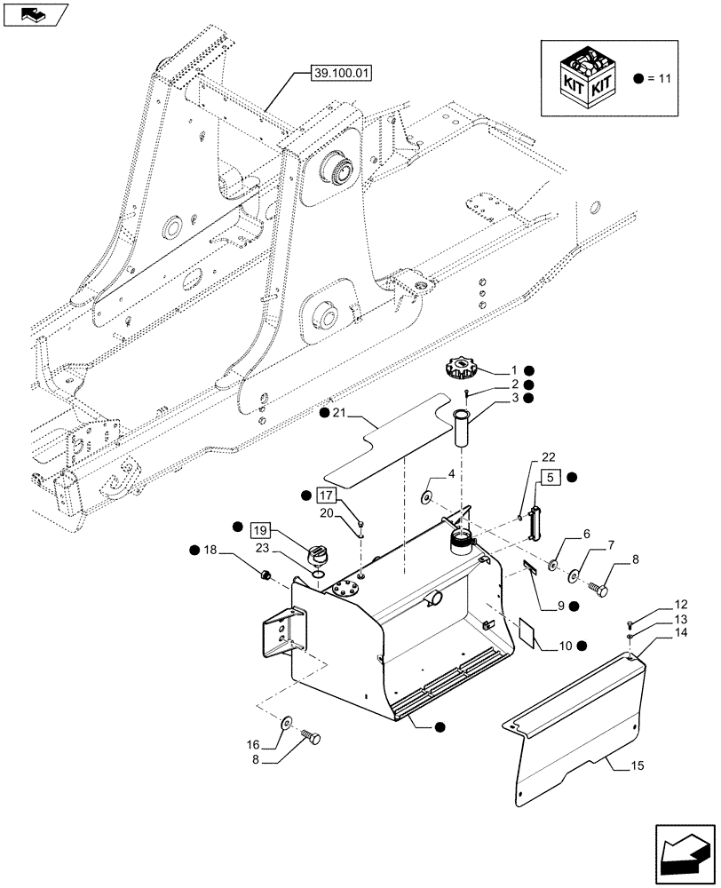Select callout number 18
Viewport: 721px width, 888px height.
(x=211, y=552)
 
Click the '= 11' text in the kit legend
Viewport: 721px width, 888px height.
(x=662, y=79)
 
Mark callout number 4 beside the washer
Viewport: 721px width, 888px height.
(x=451, y=474)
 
